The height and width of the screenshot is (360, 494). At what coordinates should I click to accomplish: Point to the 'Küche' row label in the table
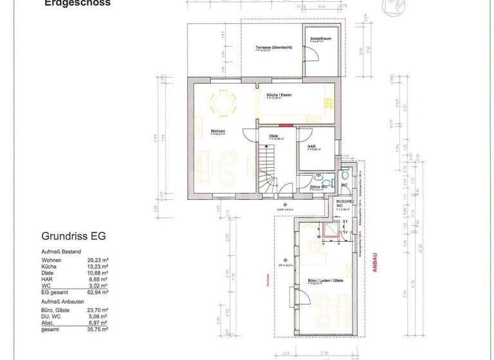49,266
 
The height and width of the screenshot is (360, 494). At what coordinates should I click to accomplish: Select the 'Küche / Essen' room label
279,95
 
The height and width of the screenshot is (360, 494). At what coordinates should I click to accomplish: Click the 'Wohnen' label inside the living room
217,131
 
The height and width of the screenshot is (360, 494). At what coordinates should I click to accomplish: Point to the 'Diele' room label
273,136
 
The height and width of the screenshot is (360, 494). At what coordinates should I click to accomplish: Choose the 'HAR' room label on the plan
311,147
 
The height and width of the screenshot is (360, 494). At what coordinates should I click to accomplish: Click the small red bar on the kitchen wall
287,125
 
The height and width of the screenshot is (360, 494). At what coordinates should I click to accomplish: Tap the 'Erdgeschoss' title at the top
77,3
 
